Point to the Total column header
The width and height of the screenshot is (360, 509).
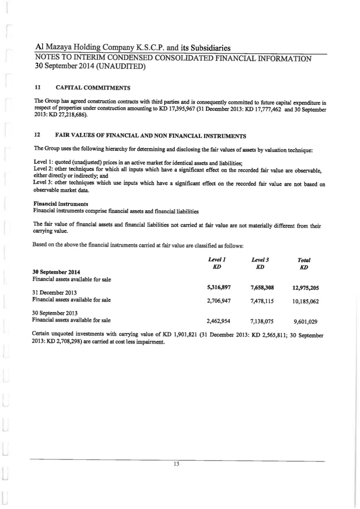pyautogui.click(x=304, y=260)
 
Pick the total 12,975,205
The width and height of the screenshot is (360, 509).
pyautogui.click(x=306, y=288)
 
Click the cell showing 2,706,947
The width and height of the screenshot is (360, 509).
pyautogui.click(x=219, y=301)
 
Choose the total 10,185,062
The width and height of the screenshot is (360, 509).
pyautogui.click(x=306, y=302)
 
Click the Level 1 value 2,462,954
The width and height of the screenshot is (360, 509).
pyautogui.click(x=219, y=321)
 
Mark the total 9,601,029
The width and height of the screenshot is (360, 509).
pyautogui.click(x=306, y=322)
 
